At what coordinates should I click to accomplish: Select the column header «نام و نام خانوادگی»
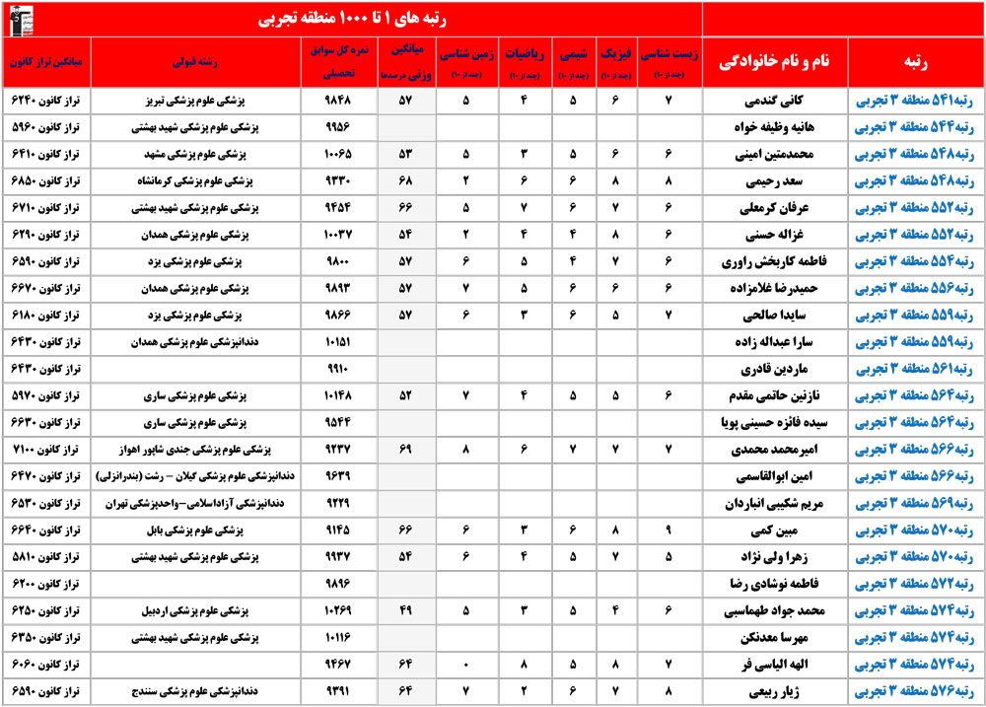(x=773, y=61)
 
